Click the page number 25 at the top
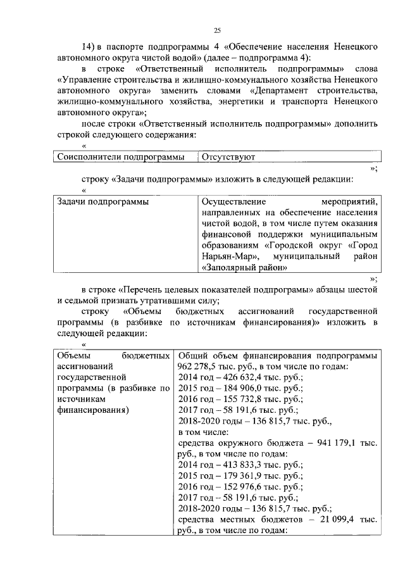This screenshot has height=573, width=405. tap(217, 31)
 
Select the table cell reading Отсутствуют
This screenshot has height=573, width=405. tap(228, 156)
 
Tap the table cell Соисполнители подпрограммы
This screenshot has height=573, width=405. tap(120, 156)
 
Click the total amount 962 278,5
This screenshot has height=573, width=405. tap(199, 367)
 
